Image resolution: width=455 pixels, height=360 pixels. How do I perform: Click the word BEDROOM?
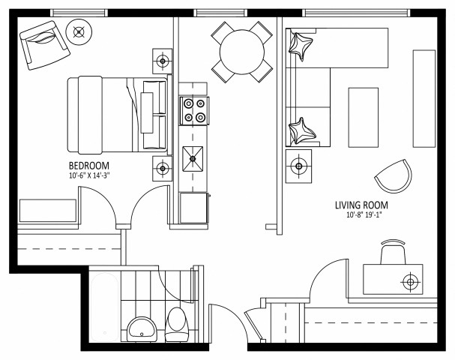[89, 166]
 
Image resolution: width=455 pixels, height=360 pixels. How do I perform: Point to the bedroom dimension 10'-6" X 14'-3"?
[94, 175]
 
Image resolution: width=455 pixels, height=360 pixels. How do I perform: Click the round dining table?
[241, 51]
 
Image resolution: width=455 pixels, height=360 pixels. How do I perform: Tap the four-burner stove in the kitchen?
[194, 111]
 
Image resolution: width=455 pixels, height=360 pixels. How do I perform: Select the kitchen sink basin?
[194, 158]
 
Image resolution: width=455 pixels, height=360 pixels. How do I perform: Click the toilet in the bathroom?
[178, 322]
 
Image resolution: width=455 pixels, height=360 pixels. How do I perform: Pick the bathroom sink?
[141, 328]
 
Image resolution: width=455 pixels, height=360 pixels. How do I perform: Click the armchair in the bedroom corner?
[43, 45]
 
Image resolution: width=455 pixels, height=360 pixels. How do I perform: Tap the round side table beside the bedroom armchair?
[79, 31]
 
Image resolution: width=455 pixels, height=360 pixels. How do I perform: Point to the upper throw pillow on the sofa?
[302, 46]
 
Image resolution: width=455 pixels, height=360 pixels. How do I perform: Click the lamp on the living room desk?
[410, 282]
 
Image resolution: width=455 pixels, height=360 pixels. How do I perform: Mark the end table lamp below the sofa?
[300, 163]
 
